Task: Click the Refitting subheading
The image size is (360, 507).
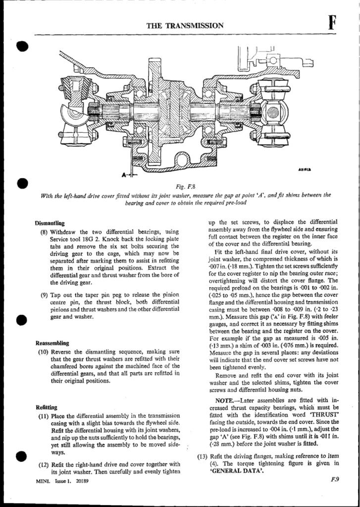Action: pyautogui.click(x=47, y=407)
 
